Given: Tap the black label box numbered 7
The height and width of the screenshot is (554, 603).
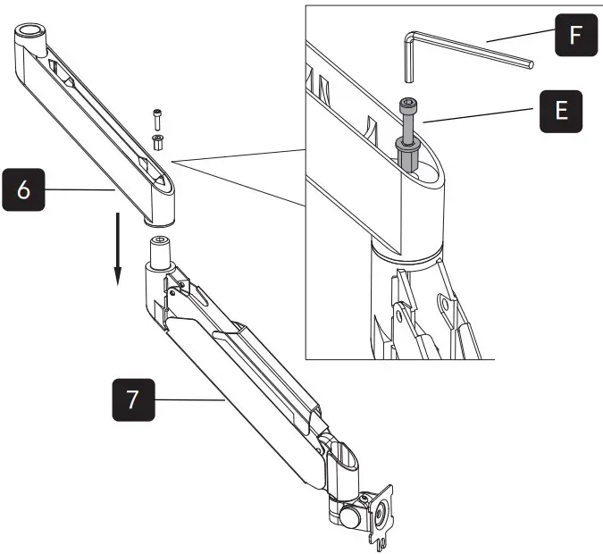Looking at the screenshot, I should [132, 399].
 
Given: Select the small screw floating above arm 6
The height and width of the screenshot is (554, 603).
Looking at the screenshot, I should [158, 115].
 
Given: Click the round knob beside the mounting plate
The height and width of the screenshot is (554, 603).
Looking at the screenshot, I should [347, 517].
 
